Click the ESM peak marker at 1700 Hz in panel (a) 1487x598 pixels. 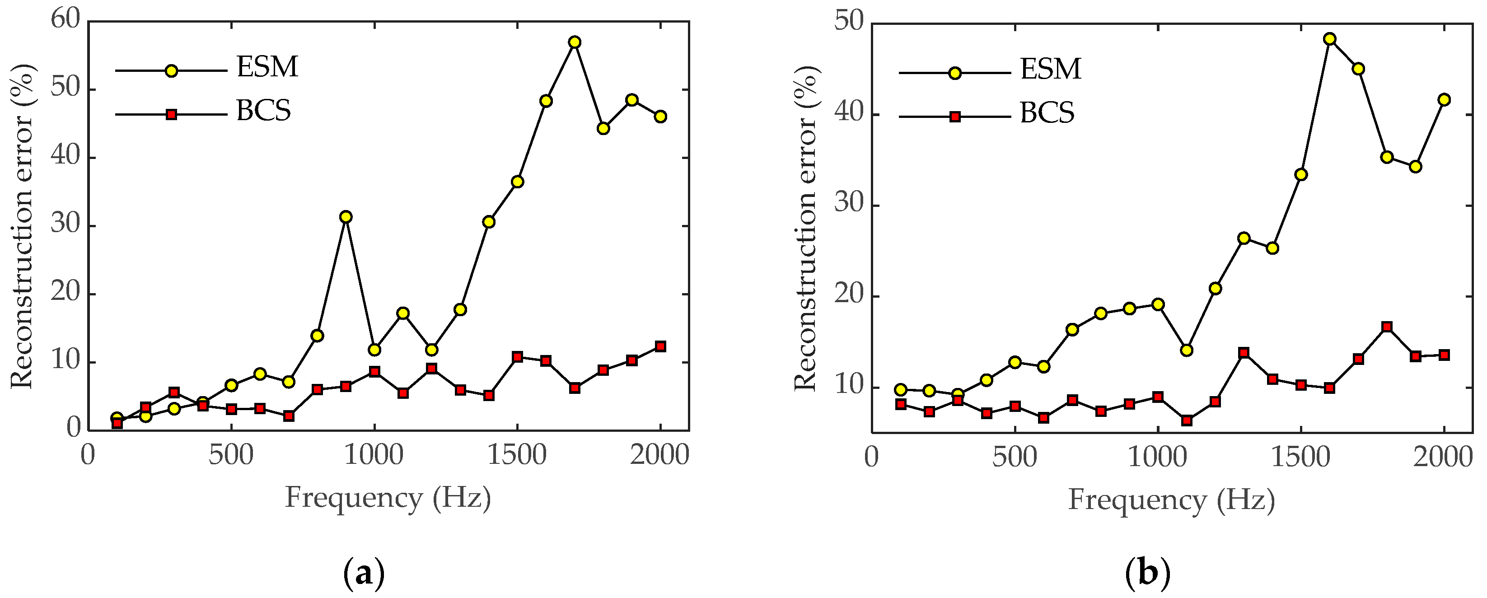click(575, 42)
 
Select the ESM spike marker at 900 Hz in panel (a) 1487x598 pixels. click(346, 217)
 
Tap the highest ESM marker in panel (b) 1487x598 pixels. click(1329, 39)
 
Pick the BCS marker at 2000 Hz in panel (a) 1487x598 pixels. click(660, 346)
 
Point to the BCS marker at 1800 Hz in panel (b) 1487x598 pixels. click(1387, 327)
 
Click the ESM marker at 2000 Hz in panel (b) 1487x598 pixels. click(1444, 99)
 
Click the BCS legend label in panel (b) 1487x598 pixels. click(1047, 113)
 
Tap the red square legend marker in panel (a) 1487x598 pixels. click(172, 114)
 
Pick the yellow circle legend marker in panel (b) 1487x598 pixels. click(955, 73)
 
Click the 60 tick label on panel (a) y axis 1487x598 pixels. click(65, 19)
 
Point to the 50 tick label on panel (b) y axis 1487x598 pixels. click(849, 22)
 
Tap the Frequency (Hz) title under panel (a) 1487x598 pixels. click(388, 498)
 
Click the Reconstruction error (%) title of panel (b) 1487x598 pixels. click(806, 228)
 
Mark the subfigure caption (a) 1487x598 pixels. click(364, 574)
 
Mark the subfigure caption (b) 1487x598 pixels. click(1148, 574)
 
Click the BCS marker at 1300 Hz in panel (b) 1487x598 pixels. click(1244, 353)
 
